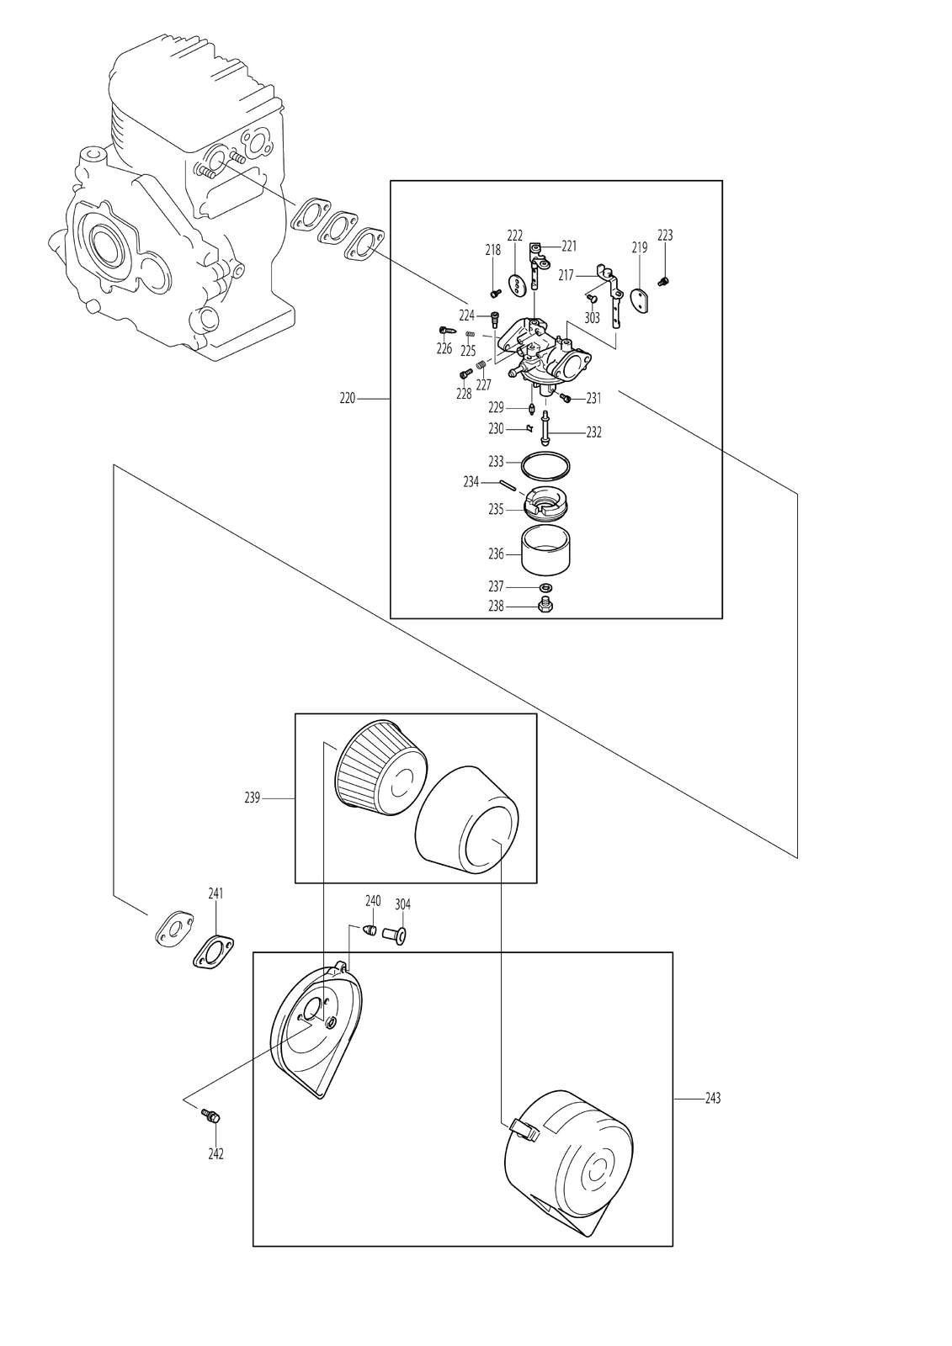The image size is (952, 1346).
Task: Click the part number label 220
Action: [x=348, y=399]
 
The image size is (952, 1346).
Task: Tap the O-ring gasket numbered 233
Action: [x=545, y=466]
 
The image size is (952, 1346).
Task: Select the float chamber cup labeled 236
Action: [x=546, y=551]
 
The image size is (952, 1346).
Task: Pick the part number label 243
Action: [x=712, y=1099]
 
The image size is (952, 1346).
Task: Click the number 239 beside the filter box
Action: [x=253, y=798]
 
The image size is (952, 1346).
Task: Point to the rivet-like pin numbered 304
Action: [x=399, y=935]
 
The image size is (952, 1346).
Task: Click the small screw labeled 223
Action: [x=664, y=280]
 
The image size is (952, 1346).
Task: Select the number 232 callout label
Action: [x=593, y=432]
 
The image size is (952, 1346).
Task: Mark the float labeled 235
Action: [x=546, y=502]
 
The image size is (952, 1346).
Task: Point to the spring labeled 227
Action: [x=481, y=365]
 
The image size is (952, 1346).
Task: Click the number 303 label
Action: [x=593, y=317]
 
